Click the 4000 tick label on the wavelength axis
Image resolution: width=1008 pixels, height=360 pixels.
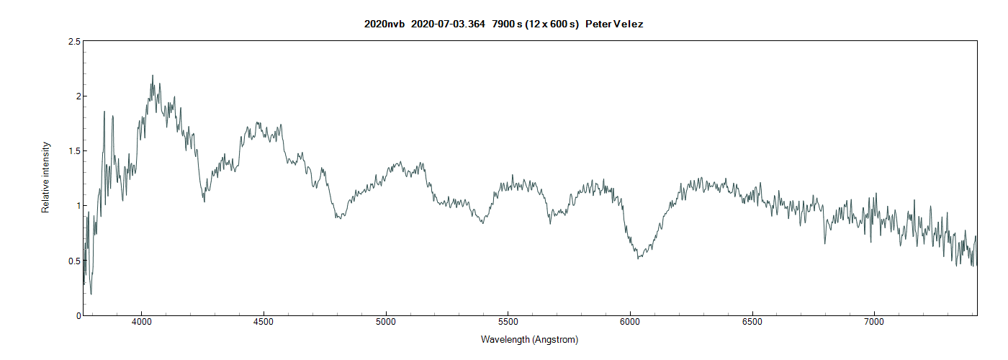[142, 321]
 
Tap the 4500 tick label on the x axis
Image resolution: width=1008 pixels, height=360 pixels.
[264, 321]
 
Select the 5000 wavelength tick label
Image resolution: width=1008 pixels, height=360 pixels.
[386, 321]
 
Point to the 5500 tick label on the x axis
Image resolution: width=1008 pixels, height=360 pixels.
[508, 321]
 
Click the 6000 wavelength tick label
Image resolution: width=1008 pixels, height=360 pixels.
[630, 321]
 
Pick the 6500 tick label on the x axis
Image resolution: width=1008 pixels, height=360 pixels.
[752, 321]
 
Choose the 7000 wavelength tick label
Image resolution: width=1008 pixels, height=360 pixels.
[874, 321]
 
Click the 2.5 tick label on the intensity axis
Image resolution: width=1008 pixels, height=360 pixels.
[73, 42]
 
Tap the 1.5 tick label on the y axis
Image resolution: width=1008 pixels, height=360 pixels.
[73, 151]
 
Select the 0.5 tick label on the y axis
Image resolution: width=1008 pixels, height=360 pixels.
[73, 261]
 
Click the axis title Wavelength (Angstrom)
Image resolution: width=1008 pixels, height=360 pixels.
[529, 339]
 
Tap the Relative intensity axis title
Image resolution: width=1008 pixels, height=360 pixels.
[46, 177]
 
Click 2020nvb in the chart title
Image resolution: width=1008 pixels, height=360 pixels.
[384, 24]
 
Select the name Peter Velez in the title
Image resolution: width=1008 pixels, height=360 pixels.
[614, 24]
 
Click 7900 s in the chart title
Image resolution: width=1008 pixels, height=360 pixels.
[507, 24]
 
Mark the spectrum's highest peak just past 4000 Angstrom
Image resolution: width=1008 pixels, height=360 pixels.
[152, 76]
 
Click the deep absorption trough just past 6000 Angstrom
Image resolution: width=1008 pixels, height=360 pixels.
[638, 258]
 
